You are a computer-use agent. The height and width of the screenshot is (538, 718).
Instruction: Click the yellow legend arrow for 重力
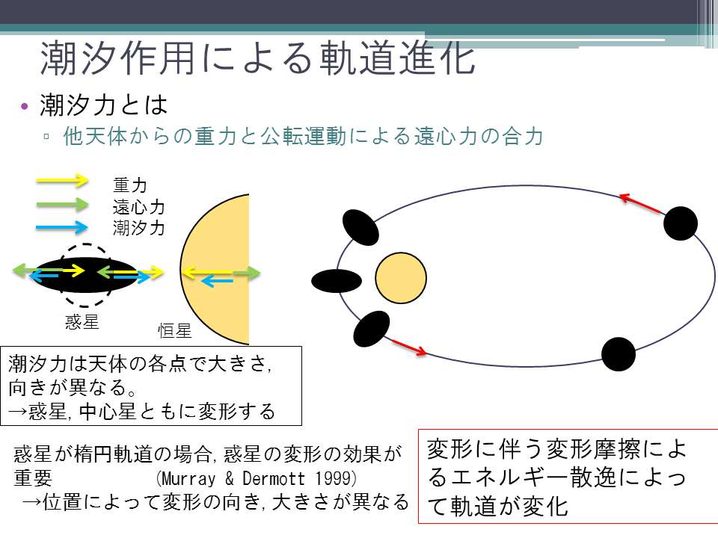(x=62, y=180)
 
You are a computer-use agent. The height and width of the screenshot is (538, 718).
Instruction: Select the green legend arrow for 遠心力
(x=62, y=204)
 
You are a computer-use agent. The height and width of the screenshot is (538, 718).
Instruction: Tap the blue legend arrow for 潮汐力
(x=62, y=227)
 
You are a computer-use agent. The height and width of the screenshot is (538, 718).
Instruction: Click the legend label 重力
(x=130, y=185)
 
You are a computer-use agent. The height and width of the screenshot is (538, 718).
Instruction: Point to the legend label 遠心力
(x=139, y=207)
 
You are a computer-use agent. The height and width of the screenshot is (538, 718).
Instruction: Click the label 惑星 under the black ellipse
(x=82, y=322)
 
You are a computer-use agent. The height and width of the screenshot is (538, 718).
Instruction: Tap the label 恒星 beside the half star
(x=174, y=331)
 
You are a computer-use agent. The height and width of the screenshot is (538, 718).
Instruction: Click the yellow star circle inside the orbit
(x=401, y=278)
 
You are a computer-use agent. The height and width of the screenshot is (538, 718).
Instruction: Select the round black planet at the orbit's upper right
(x=681, y=223)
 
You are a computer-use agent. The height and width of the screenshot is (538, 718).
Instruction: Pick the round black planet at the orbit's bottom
(x=619, y=354)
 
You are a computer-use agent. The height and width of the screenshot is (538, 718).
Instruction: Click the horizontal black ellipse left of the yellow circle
(x=337, y=281)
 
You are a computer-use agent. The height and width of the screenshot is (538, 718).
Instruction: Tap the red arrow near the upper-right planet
(x=641, y=204)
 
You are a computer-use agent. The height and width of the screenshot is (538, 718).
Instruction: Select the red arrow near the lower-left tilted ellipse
(x=409, y=347)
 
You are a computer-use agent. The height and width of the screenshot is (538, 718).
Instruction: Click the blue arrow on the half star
(x=217, y=280)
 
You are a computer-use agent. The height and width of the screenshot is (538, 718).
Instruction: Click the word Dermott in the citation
(x=274, y=478)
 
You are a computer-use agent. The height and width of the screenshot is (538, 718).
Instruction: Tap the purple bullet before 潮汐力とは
(x=24, y=107)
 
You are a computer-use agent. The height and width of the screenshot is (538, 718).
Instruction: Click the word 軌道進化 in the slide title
(x=397, y=58)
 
